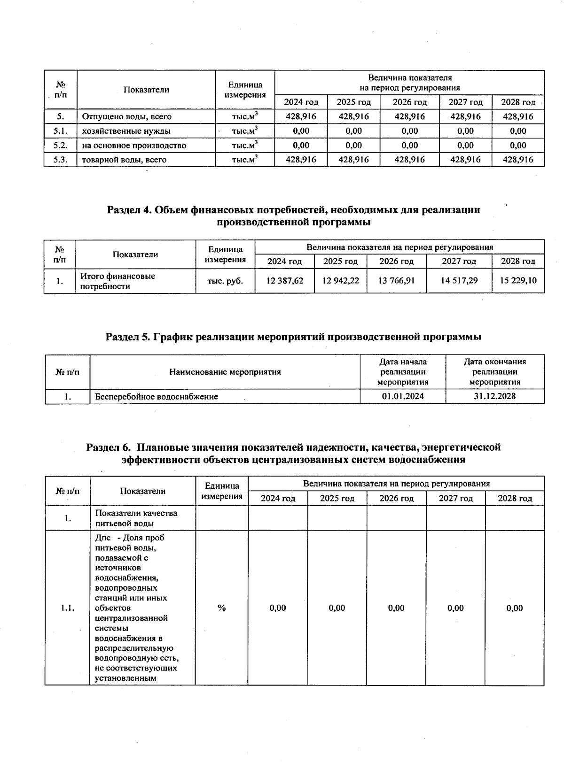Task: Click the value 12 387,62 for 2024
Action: (x=285, y=281)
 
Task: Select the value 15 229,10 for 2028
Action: (x=518, y=281)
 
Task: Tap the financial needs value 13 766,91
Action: (x=396, y=281)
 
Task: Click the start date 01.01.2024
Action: (x=403, y=396)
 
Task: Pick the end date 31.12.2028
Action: (x=494, y=396)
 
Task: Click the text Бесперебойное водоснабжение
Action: (x=157, y=397)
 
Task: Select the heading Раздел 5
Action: (x=293, y=337)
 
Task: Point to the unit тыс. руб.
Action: (x=225, y=281)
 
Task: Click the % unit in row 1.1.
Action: (x=221, y=608)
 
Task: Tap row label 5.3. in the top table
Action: (x=60, y=160)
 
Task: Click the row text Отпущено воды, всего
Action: (x=126, y=116)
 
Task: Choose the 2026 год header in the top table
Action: (x=409, y=102)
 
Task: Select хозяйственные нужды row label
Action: (x=126, y=131)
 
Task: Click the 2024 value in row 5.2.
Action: (x=301, y=146)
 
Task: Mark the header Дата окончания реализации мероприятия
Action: (x=494, y=372)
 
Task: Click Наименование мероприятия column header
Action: (x=225, y=372)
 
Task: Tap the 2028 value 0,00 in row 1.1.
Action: (x=515, y=608)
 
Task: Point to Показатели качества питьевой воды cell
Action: (x=136, y=518)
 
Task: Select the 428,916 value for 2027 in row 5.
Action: (x=465, y=116)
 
